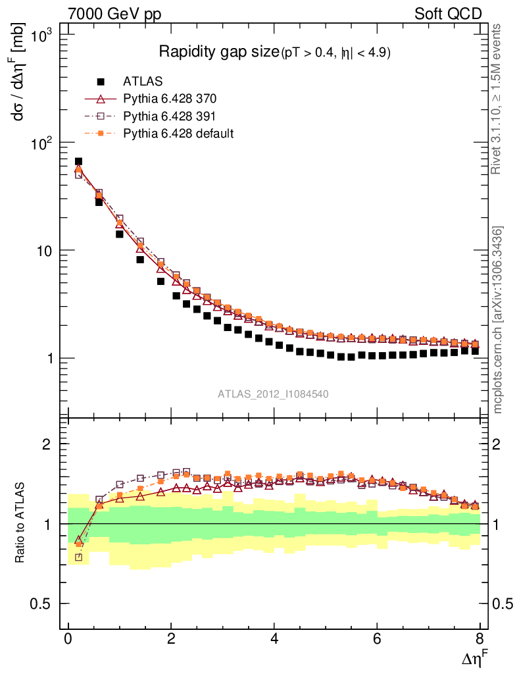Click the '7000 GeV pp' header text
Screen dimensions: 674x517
(x=115, y=13)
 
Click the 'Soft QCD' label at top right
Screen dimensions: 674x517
(x=449, y=13)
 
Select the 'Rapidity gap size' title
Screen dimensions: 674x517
(x=219, y=52)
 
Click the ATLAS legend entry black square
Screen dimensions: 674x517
(x=101, y=82)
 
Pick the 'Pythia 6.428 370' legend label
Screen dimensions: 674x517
(x=170, y=99)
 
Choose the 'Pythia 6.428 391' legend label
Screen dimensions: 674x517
(x=170, y=117)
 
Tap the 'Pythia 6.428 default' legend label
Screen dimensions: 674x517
(x=178, y=134)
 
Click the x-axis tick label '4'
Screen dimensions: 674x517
(x=274, y=639)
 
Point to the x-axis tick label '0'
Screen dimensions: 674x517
(x=68, y=639)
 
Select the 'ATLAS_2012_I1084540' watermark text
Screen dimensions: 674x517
(x=274, y=394)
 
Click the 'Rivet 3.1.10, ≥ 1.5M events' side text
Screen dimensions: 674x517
(x=498, y=99)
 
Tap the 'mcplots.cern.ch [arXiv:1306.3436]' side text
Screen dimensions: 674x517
(x=498, y=320)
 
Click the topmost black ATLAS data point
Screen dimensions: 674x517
(x=78, y=161)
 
